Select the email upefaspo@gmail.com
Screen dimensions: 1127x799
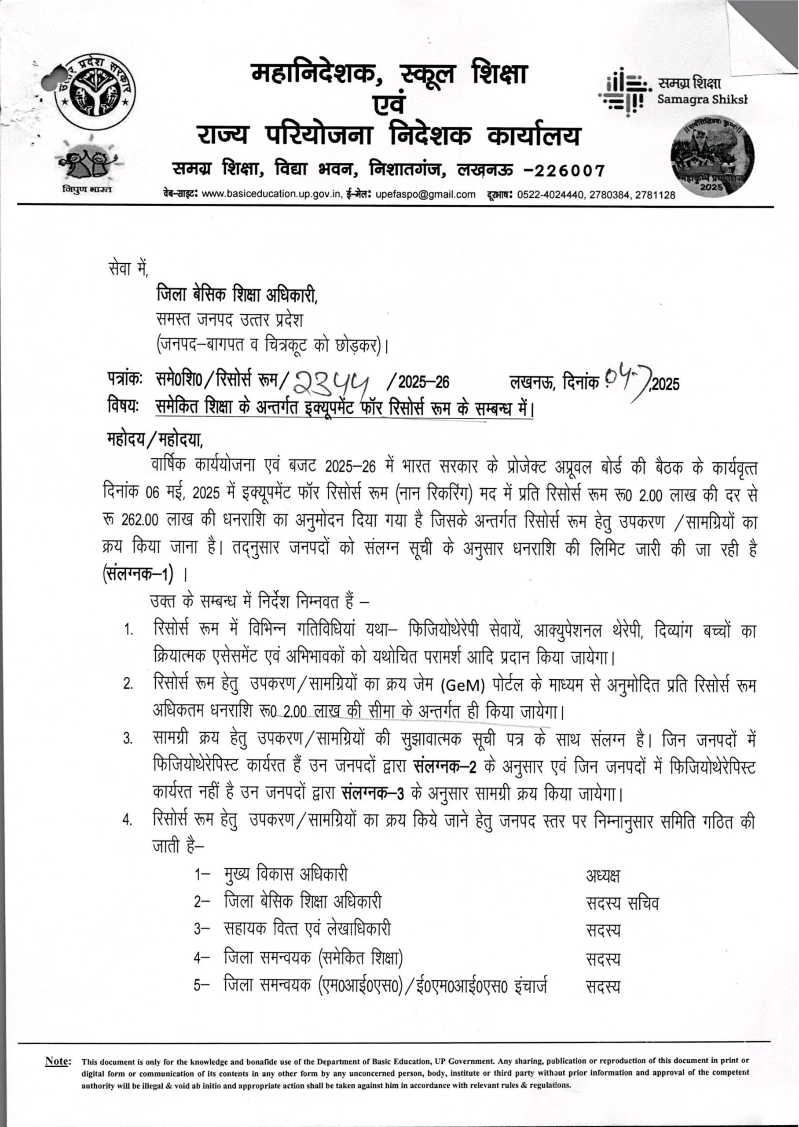point(425,195)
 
